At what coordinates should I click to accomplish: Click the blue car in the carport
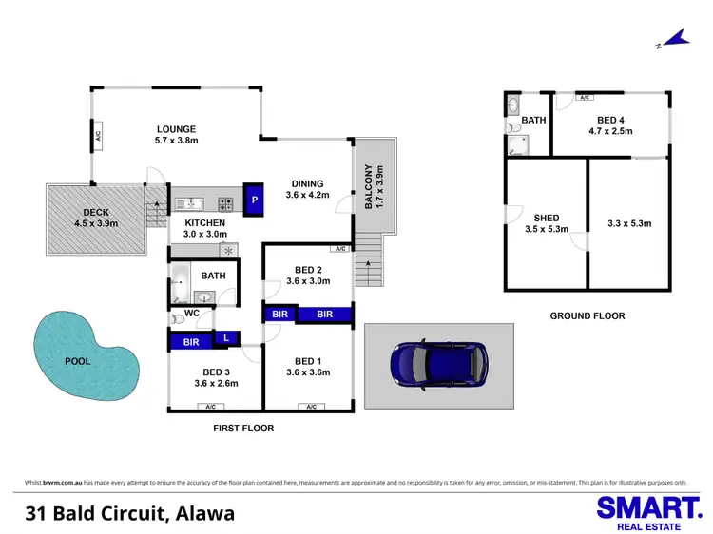coord(440,362)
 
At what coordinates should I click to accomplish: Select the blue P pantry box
coord(254,200)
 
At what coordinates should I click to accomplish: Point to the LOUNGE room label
coord(177,129)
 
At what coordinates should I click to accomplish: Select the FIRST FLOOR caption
coord(242,429)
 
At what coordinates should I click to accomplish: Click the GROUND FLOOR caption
coord(588,315)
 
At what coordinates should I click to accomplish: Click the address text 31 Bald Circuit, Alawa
coord(129,515)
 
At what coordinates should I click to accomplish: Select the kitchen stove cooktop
coord(226,202)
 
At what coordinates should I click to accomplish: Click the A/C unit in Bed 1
coord(310,407)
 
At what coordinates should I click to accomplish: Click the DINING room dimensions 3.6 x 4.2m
coord(307,196)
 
